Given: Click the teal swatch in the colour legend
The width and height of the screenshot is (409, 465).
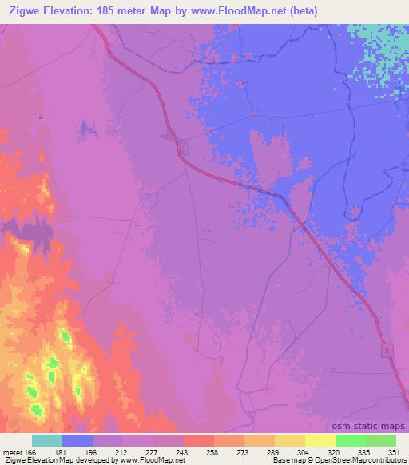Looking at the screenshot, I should point(46,440).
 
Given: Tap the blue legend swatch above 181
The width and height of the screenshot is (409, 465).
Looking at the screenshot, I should point(77,440).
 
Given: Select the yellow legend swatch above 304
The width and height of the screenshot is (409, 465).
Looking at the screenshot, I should point(290,440).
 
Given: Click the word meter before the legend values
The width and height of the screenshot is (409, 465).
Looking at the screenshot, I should point(14,452).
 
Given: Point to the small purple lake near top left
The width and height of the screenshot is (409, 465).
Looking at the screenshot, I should point(86,126).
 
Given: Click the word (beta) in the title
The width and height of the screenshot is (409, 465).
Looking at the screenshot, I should point(304,11).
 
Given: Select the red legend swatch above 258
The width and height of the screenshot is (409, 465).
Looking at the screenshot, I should point(198,440).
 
